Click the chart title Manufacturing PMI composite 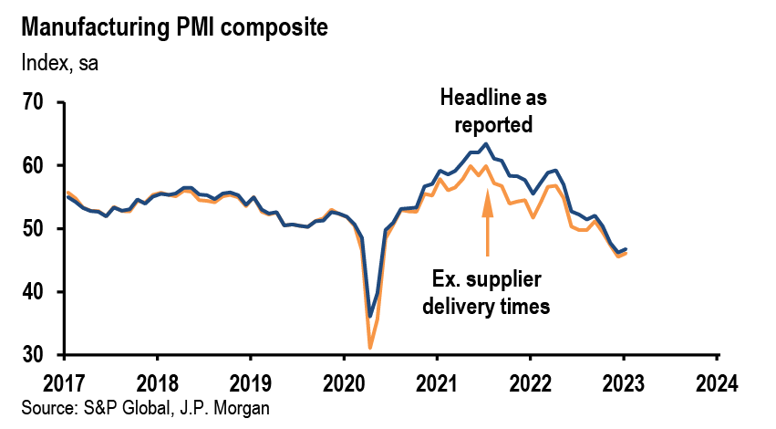[x=174, y=27]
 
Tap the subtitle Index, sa [x=59, y=63]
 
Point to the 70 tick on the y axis [x=33, y=102]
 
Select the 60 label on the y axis [x=33, y=165]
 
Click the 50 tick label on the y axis [x=33, y=229]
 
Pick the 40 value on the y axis [x=33, y=292]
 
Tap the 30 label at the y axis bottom [x=33, y=355]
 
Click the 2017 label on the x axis [x=65, y=383]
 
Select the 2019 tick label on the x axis [x=251, y=383]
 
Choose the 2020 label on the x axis [x=344, y=383]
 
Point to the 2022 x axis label [x=531, y=383]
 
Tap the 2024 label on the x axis [x=717, y=383]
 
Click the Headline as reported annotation [x=493, y=111]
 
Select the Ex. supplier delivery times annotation [x=486, y=293]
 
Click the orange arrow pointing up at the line [x=488, y=222]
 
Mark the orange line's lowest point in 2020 [x=369, y=349]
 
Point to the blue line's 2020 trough [x=369, y=317]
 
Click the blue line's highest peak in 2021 [x=486, y=144]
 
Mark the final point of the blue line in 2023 [x=626, y=248]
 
